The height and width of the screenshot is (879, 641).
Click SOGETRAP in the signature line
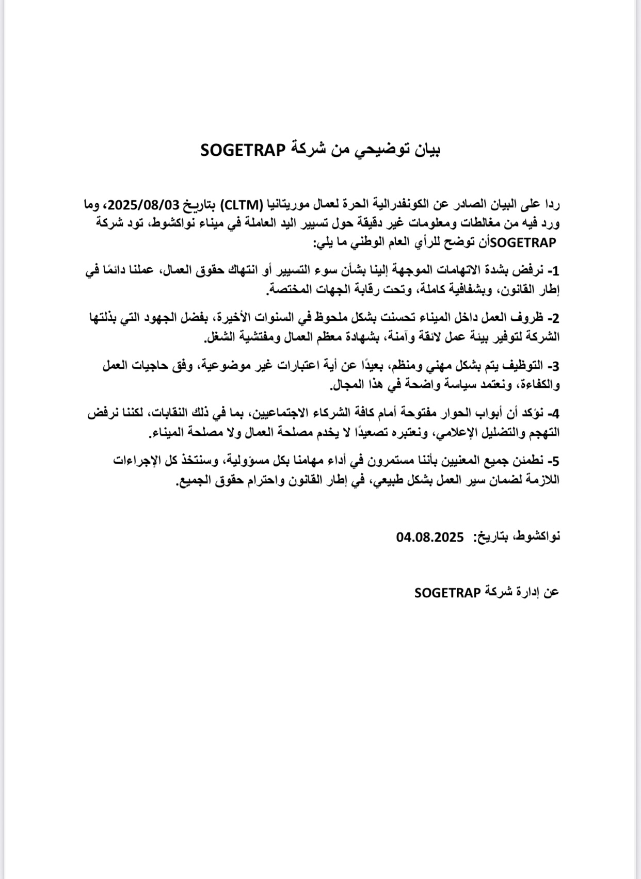click(x=447, y=593)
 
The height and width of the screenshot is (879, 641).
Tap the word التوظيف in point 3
click(x=523, y=366)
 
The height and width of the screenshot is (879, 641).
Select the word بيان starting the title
click(x=426, y=150)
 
